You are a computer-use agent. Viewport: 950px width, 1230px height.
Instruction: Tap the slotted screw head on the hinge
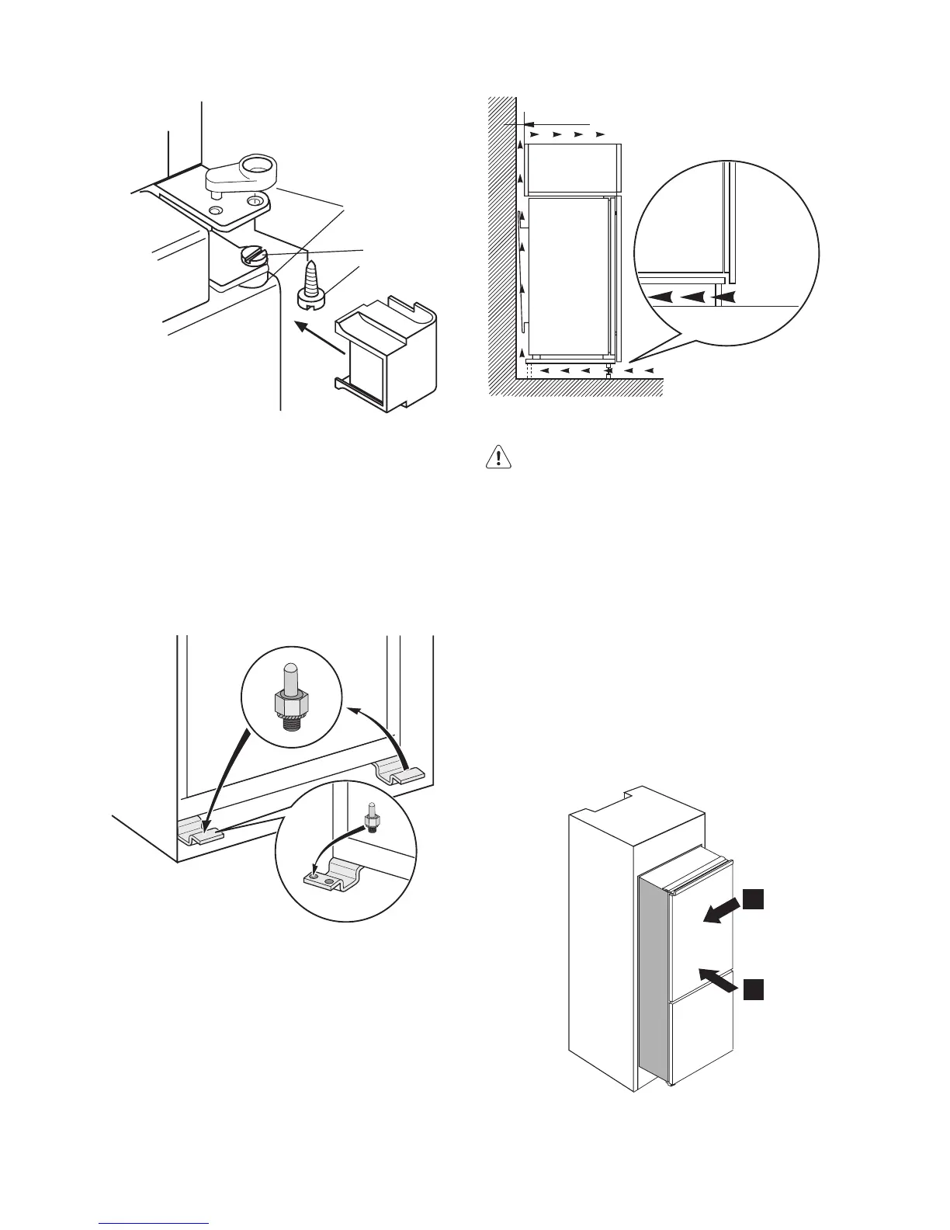coord(254,255)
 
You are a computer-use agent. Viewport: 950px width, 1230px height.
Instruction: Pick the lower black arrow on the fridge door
coord(716,978)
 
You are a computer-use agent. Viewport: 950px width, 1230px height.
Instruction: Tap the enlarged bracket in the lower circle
coord(334,876)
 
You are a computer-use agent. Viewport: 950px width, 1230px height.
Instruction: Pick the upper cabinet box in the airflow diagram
coord(572,169)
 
